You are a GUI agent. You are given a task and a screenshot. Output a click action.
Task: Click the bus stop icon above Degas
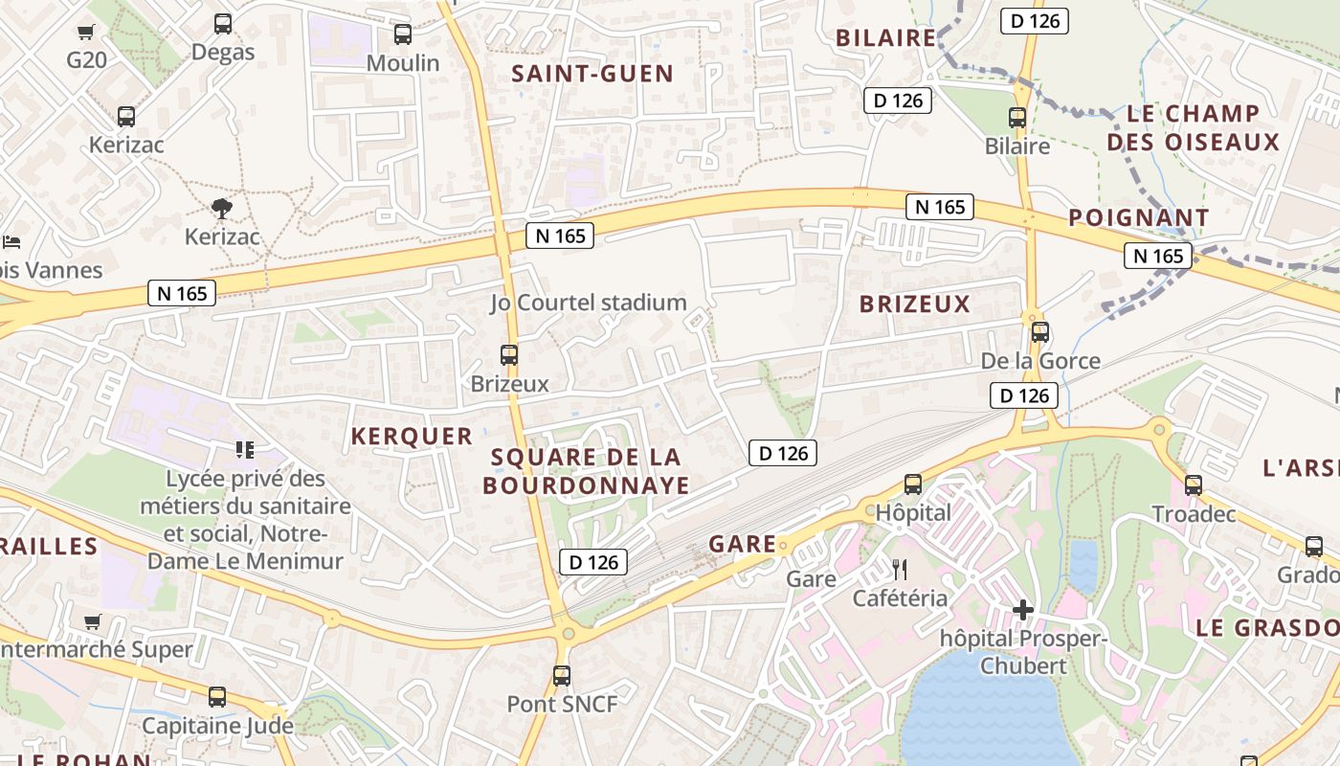pyautogui.click(x=223, y=24)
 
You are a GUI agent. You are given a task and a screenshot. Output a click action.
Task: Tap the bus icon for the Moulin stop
pyautogui.click(x=403, y=34)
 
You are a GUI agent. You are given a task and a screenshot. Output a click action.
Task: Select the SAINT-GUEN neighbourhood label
pyautogui.click(x=592, y=74)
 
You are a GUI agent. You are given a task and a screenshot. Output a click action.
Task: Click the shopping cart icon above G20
pyautogui.click(x=86, y=33)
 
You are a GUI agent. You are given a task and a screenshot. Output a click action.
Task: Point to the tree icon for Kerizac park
pyautogui.click(x=222, y=208)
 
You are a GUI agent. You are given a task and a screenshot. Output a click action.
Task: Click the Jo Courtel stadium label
pyautogui.click(x=589, y=303)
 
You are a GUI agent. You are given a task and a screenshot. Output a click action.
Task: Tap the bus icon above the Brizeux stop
pyautogui.click(x=509, y=355)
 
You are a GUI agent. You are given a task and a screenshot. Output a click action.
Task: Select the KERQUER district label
pyautogui.click(x=412, y=437)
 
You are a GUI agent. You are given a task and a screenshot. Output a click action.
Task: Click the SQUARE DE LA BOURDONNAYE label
pyautogui.click(x=586, y=471)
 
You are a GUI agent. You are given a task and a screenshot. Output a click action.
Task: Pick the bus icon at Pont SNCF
pyautogui.click(x=562, y=676)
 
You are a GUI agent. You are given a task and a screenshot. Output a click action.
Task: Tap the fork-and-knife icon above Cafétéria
pyautogui.click(x=900, y=571)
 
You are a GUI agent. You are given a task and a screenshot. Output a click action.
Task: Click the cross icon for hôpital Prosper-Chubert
pyautogui.click(x=1022, y=610)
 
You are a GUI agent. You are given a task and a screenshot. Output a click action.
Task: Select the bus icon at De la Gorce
pyautogui.click(x=1040, y=333)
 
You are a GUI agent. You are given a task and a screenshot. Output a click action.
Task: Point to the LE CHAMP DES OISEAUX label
pyautogui.click(x=1193, y=128)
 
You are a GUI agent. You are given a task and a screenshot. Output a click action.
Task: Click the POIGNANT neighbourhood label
pyautogui.click(x=1139, y=217)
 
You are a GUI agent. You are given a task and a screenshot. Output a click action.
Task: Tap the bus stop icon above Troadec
pyautogui.click(x=1193, y=485)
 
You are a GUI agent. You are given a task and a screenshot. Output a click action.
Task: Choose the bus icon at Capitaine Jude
pyautogui.click(x=217, y=697)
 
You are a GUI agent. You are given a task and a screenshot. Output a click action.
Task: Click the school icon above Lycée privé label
pyautogui.click(x=245, y=449)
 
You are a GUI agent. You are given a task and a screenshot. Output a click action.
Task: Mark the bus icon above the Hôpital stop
pyautogui.click(x=913, y=484)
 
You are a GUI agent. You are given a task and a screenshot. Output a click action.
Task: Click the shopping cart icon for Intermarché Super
pyautogui.click(x=93, y=622)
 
